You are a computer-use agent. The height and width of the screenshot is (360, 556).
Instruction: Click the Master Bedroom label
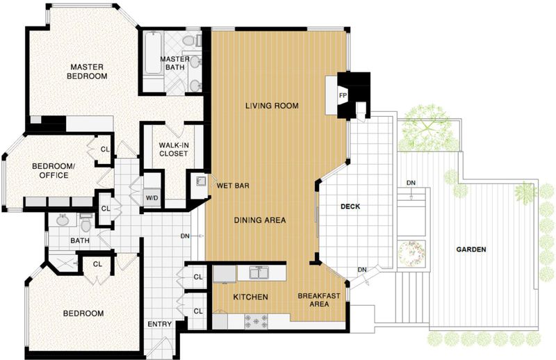point(87,72)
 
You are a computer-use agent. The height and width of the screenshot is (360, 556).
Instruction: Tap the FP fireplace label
point(343,95)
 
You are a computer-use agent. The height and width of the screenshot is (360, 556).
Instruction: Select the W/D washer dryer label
point(152,198)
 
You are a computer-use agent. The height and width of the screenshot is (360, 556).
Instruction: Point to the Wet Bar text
point(233,186)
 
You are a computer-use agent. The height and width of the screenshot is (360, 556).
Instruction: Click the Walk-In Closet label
point(173,149)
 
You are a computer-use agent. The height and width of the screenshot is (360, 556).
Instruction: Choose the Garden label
point(471,249)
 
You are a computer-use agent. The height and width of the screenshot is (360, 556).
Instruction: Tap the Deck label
point(350,206)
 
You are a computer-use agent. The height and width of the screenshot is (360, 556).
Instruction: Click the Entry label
point(160,324)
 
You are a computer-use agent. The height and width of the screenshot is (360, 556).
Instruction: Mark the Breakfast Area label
point(319,300)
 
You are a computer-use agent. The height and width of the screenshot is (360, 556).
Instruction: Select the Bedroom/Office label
point(54,170)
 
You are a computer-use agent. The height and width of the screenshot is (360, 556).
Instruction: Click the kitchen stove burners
point(256,321)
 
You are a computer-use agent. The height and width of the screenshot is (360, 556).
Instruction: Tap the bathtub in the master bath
point(153,54)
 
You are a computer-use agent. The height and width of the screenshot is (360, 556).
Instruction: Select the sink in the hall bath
point(63,220)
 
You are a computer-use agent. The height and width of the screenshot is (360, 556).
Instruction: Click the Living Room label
point(272,106)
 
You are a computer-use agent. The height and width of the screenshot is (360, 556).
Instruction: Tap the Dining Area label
point(260,220)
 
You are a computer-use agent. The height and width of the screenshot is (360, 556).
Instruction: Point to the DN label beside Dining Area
point(185,236)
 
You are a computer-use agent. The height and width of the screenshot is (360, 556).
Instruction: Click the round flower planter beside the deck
point(411,253)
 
